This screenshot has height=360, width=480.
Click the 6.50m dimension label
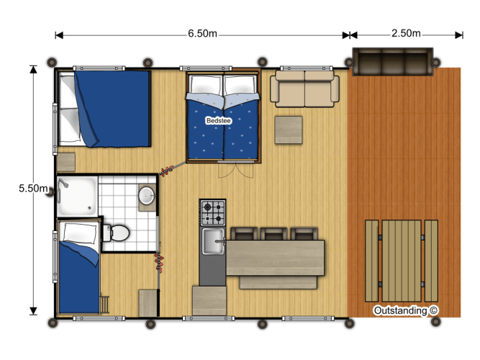pyautogui.click(x=202, y=33)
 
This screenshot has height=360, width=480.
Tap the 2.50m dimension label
pyautogui.click(x=406, y=33)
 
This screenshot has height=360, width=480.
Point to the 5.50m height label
pyautogui.click(x=33, y=188)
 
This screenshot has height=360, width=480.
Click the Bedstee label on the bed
pyautogui.click(x=219, y=120)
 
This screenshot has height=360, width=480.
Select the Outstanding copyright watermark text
pyautogui.click(x=406, y=310)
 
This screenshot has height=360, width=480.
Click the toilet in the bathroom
pyautogui.click(x=116, y=233)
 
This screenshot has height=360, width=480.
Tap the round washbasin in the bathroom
pyautogui.click(x=147, y=195)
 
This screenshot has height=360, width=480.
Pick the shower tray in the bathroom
pyautogui.click(x=77, y=196)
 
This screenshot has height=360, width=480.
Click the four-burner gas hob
pyautogui.click(x=213, y=212)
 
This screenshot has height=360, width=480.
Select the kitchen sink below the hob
pyautogui.click(x=213, y=241)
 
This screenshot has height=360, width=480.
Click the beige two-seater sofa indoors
pyautogui.click(x=304, y=89)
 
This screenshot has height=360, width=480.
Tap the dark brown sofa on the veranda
pyautogui.click(x=393, y=61)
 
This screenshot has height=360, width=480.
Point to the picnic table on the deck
pyautogui.click(x=402, y=261)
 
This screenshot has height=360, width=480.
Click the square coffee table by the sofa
pyautogui.click(x=289, y=130)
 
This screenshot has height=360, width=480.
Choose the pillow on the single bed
pyautogui.click(x=80, y=233)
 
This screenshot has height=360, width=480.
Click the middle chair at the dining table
pyautogui.click(x=273, y=233)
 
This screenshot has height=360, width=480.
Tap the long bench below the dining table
pyautogui.click(x=278, y=282)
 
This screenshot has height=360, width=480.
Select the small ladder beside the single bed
pyautogui.click(x=104, y=304)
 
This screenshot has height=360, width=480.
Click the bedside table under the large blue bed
pyautogui.click(x=65, y=163)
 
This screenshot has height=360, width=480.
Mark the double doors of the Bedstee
pyautogui.click(x=236, y=169)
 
